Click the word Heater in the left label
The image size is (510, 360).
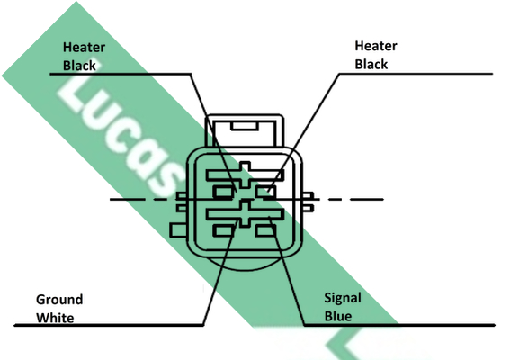84,48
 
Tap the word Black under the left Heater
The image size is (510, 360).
79,66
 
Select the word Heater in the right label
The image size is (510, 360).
376,46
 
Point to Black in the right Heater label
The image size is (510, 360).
371,65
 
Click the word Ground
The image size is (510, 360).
59,300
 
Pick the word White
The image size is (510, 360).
55,318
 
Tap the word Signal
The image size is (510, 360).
343,298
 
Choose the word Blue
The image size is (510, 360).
338,316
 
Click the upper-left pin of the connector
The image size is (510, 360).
223,192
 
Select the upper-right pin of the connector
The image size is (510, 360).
265,192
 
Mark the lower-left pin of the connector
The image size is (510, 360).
223,230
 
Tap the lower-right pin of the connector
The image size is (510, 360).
265,230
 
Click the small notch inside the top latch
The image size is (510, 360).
245,126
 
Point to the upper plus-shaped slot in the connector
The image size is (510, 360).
245,175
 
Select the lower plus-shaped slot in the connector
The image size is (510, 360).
245,214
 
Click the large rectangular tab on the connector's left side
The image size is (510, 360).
179,230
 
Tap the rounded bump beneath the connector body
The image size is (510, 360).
245,264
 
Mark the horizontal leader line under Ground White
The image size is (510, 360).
109,325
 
